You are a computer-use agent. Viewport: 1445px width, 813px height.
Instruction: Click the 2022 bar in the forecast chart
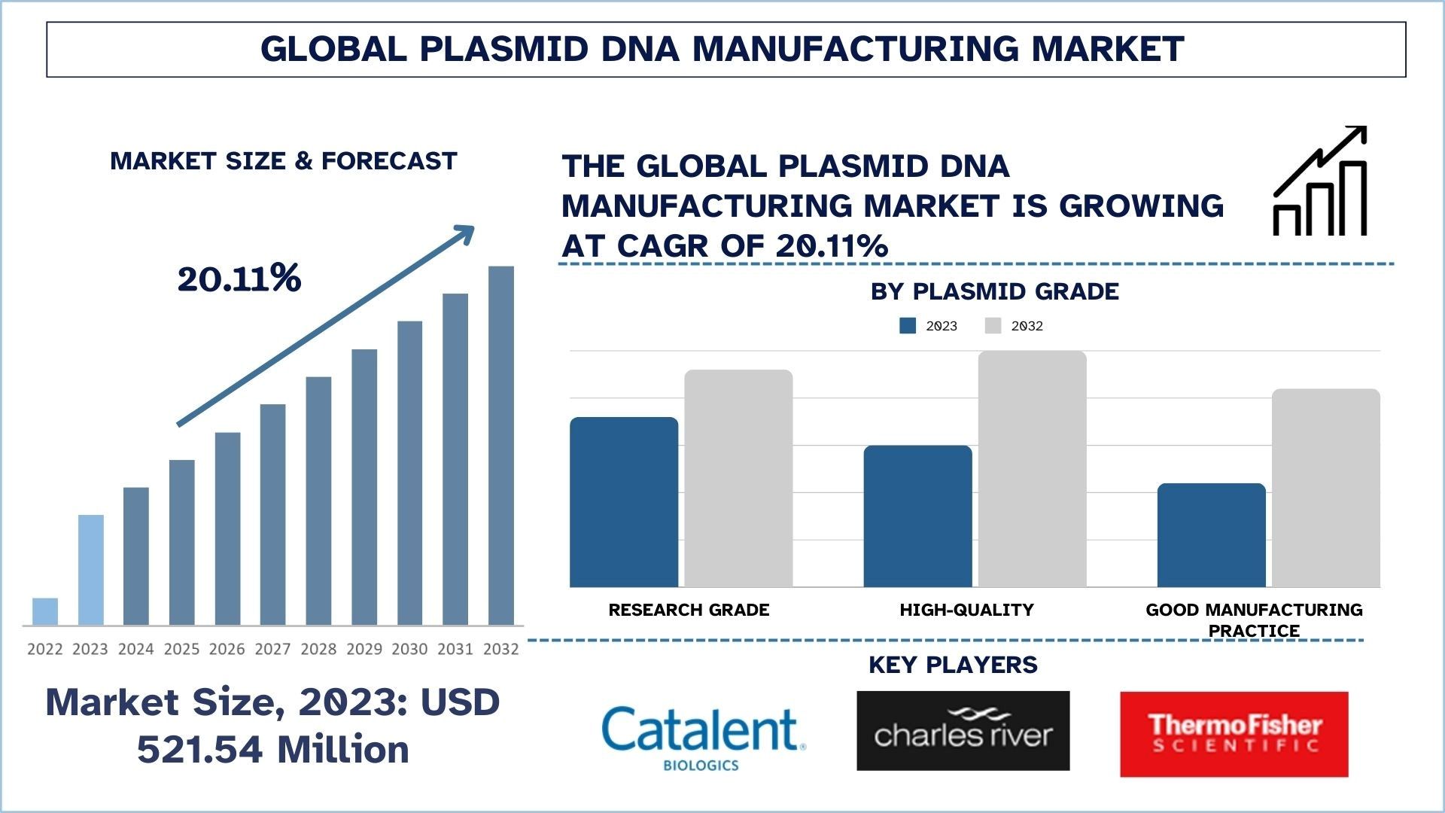point(45,611)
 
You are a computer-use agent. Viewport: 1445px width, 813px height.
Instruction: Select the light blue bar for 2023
point(91,570)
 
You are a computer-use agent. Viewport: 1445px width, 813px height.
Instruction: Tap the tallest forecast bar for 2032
point(501,446)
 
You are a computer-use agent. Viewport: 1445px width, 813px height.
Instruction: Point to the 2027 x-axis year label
point(272,649)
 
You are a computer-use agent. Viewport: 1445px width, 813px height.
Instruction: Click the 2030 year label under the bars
point(409,649)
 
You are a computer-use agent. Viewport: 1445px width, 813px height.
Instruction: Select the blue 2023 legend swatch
point(908,326)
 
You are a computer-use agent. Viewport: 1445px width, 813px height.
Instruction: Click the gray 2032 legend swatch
point(993,326)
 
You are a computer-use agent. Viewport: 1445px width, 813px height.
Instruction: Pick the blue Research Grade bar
point(624,502)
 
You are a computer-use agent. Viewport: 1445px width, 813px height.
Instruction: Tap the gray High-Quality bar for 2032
point(1032,469)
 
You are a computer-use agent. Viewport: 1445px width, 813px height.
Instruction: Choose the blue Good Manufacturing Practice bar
point(1211,535)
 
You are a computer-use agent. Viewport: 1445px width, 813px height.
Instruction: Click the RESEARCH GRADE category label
point(689,610)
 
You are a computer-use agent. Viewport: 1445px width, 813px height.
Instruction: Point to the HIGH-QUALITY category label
point(966,610)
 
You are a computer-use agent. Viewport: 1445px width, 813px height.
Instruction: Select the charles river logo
point(963,731)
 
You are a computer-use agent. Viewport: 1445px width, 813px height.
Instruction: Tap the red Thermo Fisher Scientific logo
point(1234,734)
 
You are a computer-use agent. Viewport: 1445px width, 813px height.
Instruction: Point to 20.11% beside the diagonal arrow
point(239,279)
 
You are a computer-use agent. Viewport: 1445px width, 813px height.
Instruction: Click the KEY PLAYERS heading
point(953,665)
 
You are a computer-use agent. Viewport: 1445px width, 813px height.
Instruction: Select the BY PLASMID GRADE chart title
point(994,291)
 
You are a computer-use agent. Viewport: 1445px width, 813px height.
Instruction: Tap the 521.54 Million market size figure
point(272,750)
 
